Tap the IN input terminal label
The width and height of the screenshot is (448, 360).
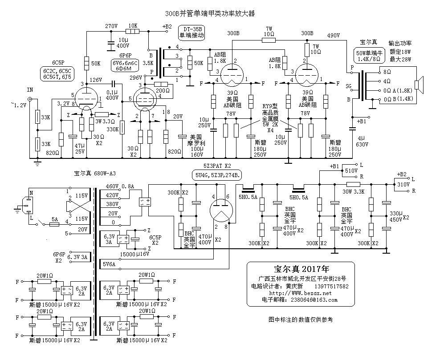coord(30,89)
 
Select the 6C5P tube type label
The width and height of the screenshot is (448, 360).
coord(58,63)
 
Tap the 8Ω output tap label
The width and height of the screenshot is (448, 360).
coord(387,71)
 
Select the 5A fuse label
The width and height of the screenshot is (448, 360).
coord(55,219)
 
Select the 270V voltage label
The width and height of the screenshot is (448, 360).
coord(111,26)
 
